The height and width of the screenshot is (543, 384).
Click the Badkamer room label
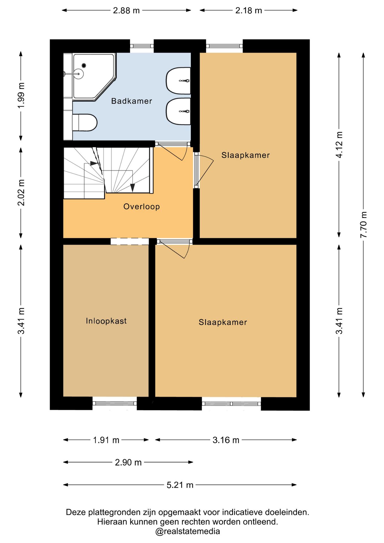(131, 101)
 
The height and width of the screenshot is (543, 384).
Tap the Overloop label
(141, 206)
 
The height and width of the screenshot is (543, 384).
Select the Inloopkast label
(106, 321)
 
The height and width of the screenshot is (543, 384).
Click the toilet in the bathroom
(85, 122)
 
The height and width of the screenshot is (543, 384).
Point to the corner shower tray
(94, 77)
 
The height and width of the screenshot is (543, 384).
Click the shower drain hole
(84, 66)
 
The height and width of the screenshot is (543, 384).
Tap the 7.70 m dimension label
(364, 225)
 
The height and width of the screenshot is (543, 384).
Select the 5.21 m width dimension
(180, 485)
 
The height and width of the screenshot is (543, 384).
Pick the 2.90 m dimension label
(128, 462)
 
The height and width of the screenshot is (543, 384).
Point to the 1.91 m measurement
(106, 440)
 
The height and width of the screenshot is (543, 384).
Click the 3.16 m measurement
(226, 440)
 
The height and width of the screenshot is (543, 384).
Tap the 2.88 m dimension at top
(126, 10)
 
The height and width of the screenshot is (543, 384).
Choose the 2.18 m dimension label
(249, 10)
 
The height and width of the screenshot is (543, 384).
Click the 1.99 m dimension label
(21, 95)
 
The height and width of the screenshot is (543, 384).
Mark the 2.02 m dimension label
(21, 192)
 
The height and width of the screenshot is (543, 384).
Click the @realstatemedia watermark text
(187, 531)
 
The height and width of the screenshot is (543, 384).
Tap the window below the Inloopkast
(115, 404)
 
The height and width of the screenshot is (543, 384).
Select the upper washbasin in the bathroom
(178, 81)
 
